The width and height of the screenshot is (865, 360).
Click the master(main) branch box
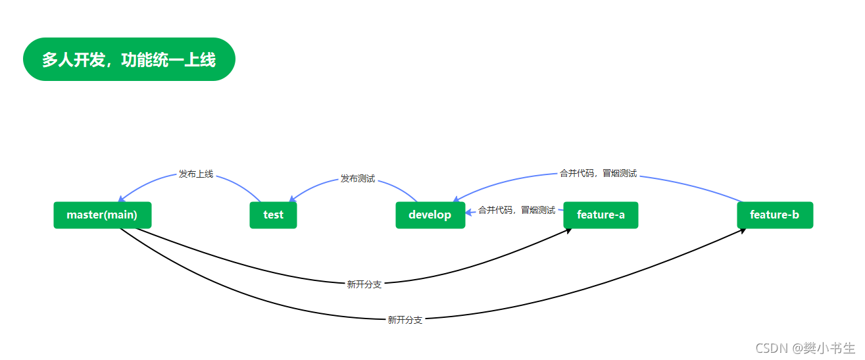coord(103,215)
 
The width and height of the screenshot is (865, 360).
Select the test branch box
coord(273,215)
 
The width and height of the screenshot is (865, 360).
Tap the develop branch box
coord(430,215)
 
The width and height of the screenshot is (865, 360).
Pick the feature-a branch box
coord(601,215)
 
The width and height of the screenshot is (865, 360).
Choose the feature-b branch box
coord(775,215)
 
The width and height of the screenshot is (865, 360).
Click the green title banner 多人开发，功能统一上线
coord(129,59)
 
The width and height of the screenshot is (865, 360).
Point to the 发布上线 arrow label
coord(196,174)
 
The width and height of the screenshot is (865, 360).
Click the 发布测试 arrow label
coord(358,178)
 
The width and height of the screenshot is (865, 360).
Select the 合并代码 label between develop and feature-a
coord(516,210)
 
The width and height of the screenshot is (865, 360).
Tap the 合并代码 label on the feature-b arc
coord(598,174)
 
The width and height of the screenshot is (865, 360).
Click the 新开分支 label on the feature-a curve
coord(364,285)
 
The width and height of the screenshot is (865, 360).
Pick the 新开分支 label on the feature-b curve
coord(405,320)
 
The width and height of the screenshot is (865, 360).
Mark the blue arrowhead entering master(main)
coord(121,199)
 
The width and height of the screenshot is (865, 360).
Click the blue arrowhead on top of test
coord(292,199)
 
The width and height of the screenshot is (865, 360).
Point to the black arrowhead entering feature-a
coord(568,231)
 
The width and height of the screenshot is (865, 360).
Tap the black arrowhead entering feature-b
coord(743,231)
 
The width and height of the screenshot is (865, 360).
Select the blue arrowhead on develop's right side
coord(470,212)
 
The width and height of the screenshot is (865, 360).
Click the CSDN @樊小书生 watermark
coord(805,348)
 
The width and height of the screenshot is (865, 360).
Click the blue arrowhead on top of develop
coord(457,199)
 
